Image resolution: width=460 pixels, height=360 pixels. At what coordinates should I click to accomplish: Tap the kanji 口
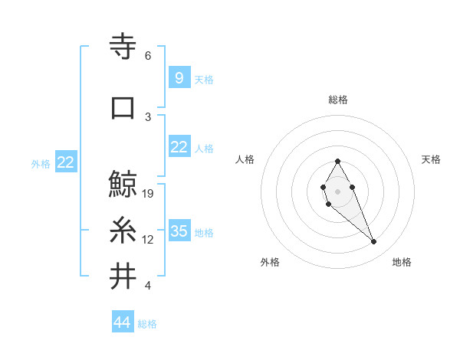pos(124,107)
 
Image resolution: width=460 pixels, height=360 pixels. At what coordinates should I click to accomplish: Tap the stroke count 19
pos(149,194)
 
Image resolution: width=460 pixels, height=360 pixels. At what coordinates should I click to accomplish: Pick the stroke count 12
pos(149,240)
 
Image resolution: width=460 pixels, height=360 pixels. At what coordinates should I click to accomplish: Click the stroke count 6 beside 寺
pos(148,56)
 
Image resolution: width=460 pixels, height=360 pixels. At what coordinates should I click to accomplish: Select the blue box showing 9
pos(179,77)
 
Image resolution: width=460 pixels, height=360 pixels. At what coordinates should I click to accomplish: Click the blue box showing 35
pos(179,231)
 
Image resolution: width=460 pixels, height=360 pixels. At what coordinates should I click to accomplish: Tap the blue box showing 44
pos(123,323)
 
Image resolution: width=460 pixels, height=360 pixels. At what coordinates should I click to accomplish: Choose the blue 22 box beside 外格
pos(66,162)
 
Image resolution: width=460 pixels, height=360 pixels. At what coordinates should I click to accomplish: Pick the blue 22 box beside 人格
pos(179,147)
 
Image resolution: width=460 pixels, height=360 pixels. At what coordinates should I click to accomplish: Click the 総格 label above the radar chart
pos(338,100)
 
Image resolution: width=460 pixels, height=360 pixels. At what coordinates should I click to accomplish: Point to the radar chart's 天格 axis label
pos(432,159)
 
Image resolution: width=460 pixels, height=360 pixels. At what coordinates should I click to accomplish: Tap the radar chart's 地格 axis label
pos(402,262)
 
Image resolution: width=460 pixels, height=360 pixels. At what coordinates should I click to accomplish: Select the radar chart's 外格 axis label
pos(270,262)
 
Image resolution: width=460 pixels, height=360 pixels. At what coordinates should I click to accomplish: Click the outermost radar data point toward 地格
pos(374,242)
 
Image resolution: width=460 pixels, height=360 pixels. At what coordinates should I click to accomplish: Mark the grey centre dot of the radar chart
pos(337,190)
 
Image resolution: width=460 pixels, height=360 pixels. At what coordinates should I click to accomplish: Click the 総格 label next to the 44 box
pos(147,324)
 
